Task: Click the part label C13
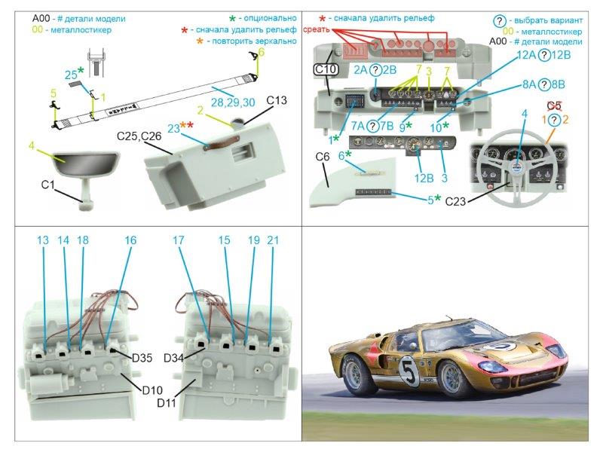277,99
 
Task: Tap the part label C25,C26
139,136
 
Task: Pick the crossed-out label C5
554,105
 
